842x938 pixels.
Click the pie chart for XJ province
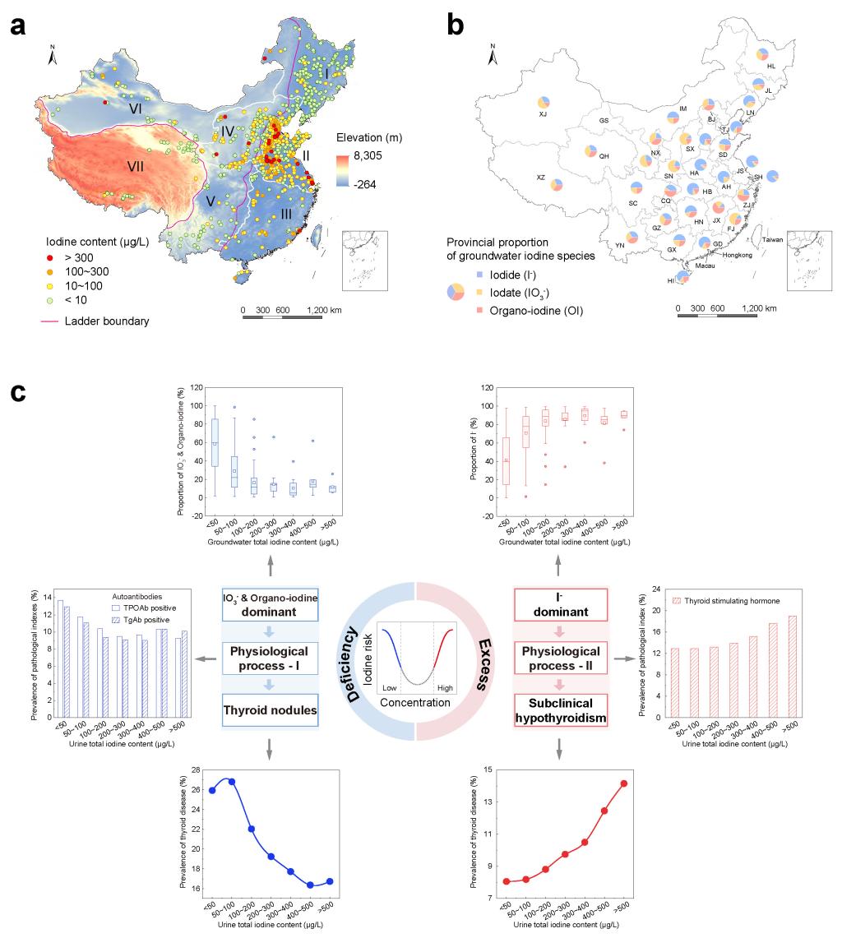click(x=544, y=103)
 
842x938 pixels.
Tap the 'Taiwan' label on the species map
click(x=773, y=240)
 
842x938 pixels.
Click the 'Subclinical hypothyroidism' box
click(x=560, y=709)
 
